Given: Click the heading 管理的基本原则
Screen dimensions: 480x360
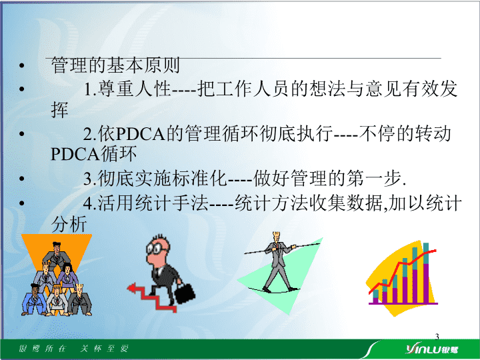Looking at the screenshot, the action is (x=115, y=65).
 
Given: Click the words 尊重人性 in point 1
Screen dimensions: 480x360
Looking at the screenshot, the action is (x=133, y=89).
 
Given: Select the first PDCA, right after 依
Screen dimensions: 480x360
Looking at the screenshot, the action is (x=141, y=134).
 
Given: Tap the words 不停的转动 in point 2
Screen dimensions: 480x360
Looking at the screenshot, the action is (x=405, y=133).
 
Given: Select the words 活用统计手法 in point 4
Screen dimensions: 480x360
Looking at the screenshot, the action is (x=153, y=203).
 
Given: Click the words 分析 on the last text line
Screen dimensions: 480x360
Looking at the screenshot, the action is (x=69, y=224).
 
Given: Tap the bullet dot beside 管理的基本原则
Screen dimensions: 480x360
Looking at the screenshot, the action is (x=21, y=65).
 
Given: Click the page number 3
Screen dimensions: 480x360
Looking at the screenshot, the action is (x=437, y=337).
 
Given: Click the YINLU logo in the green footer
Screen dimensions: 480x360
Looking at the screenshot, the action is (x=432, y=349).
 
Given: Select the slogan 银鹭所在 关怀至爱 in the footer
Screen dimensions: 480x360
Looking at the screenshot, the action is (x=74, y=349).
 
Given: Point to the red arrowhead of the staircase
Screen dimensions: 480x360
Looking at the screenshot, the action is (x=131, y=288).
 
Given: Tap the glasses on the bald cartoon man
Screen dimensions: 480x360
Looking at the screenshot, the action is (x=156, y=248).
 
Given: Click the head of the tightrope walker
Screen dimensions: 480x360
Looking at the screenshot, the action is (x=277, y=236).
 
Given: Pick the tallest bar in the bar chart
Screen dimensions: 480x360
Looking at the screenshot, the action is (x=425, y=273).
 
